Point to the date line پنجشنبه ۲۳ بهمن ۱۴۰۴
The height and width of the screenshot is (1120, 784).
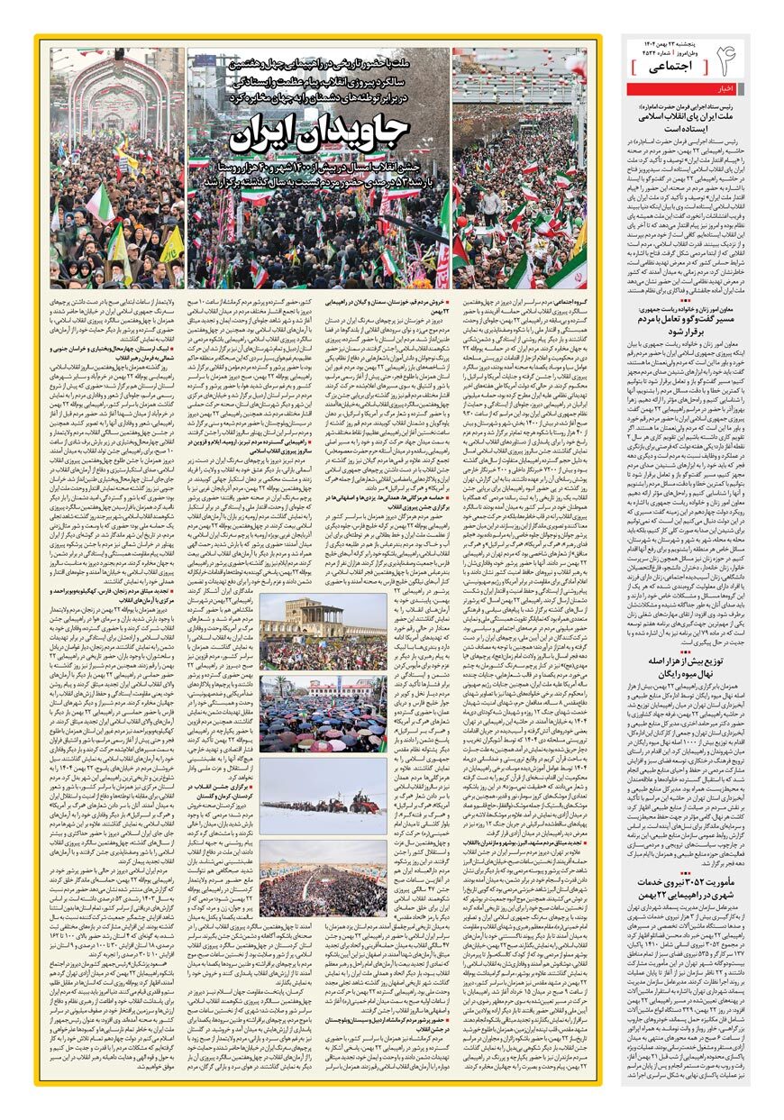[x=669, y=44]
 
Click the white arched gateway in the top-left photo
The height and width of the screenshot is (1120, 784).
[x=117, y=99]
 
